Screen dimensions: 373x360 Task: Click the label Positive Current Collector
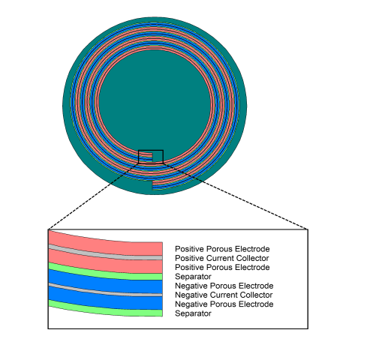[222, 258]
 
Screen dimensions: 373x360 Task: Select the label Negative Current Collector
[224, 295]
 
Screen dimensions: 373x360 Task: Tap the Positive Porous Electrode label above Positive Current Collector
[222, 249]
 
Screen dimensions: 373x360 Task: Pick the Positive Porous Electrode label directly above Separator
[222, 267]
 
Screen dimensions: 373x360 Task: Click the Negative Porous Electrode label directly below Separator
[224, 286]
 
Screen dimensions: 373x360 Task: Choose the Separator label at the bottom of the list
[193, 313]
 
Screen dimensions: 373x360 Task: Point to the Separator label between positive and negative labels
[193, 277]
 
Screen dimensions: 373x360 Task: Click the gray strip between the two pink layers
[105, 254]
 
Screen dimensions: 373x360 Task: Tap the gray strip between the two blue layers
[105, 291]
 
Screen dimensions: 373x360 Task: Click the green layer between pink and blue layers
[105, 273]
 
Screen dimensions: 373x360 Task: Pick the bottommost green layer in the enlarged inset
[105, 310]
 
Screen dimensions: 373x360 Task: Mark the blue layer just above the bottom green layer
[105, 300]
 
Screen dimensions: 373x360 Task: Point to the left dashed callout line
[93, 196]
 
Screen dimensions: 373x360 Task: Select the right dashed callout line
[236, 196]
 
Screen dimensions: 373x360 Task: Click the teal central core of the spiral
[155, 103]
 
